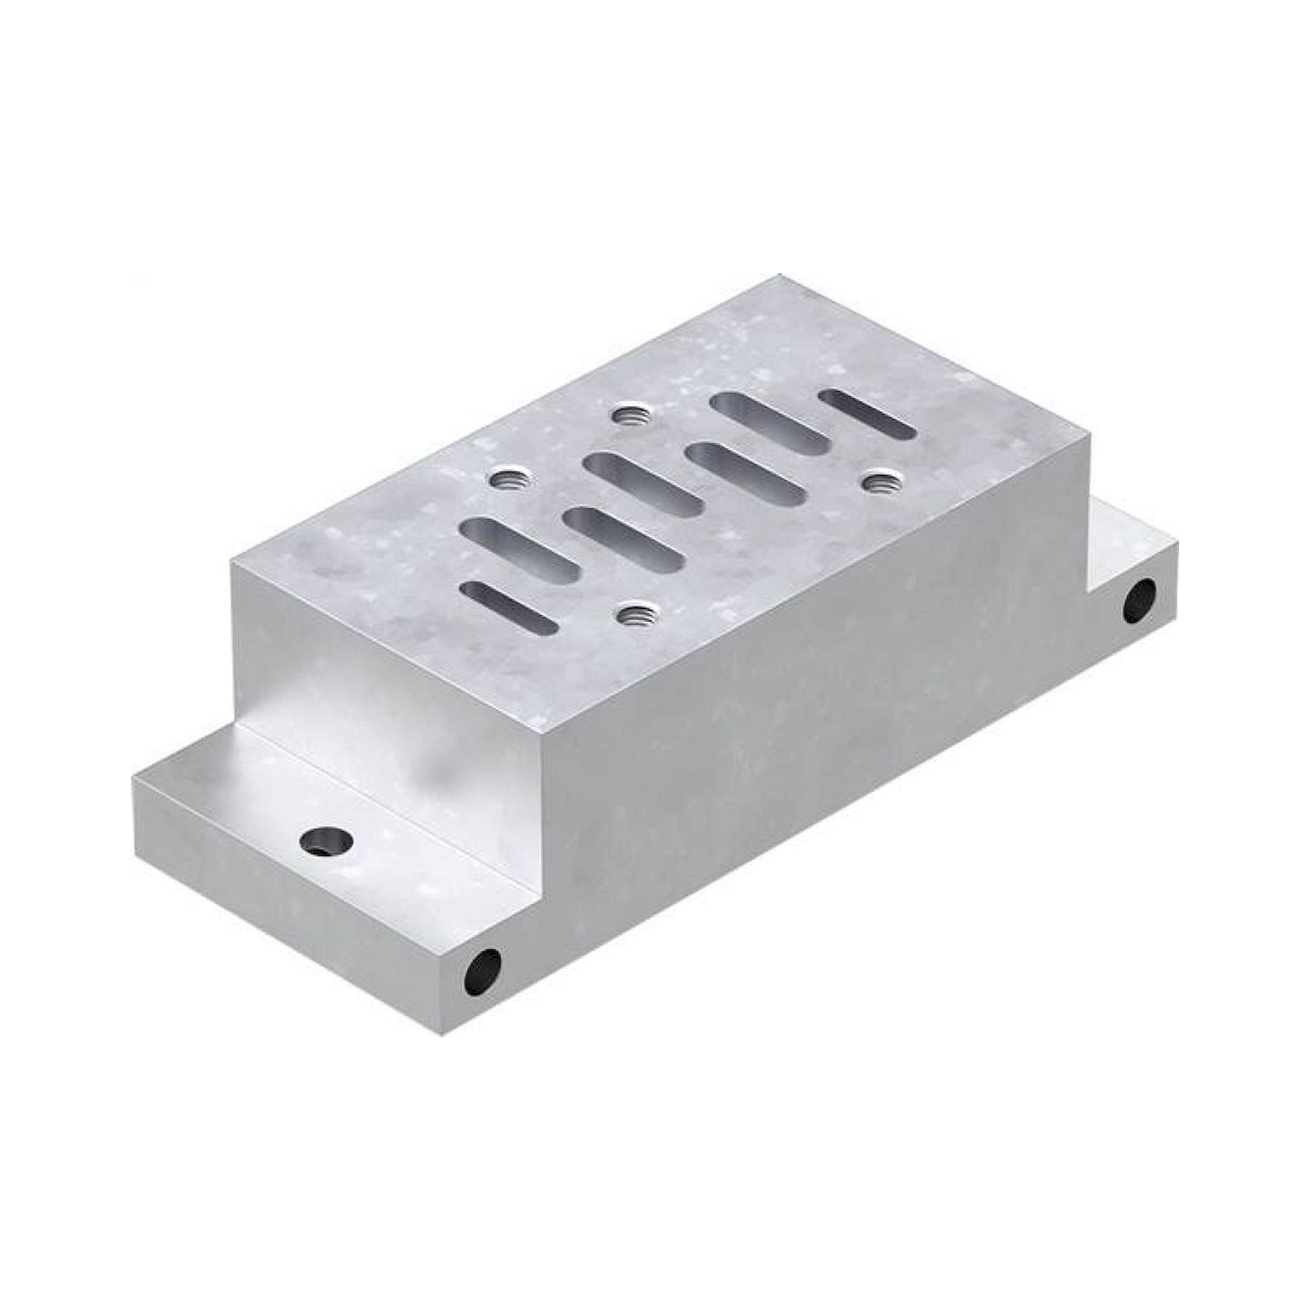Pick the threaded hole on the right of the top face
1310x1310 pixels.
[875, 482]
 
